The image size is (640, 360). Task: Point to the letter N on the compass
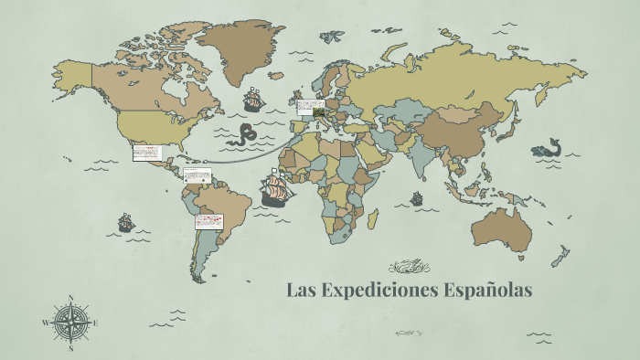[x=70, y=297]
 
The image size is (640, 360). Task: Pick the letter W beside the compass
[x=45, y=323]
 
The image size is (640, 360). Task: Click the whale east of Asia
[x=547, y=148]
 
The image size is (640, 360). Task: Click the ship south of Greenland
[x=253, y=98]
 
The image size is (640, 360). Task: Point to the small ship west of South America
[x=126, y=221]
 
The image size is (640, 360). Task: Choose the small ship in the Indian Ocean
[x=416, y=197]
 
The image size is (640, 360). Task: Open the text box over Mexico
[x=146, y=152]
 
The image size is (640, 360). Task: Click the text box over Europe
[x=310, y=107]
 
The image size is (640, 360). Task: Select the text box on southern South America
[x=209, y=221]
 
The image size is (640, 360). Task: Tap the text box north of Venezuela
[x=197, y=175]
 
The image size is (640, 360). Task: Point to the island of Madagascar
[x=373, y=218]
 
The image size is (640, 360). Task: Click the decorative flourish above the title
[x=407, y=267]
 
